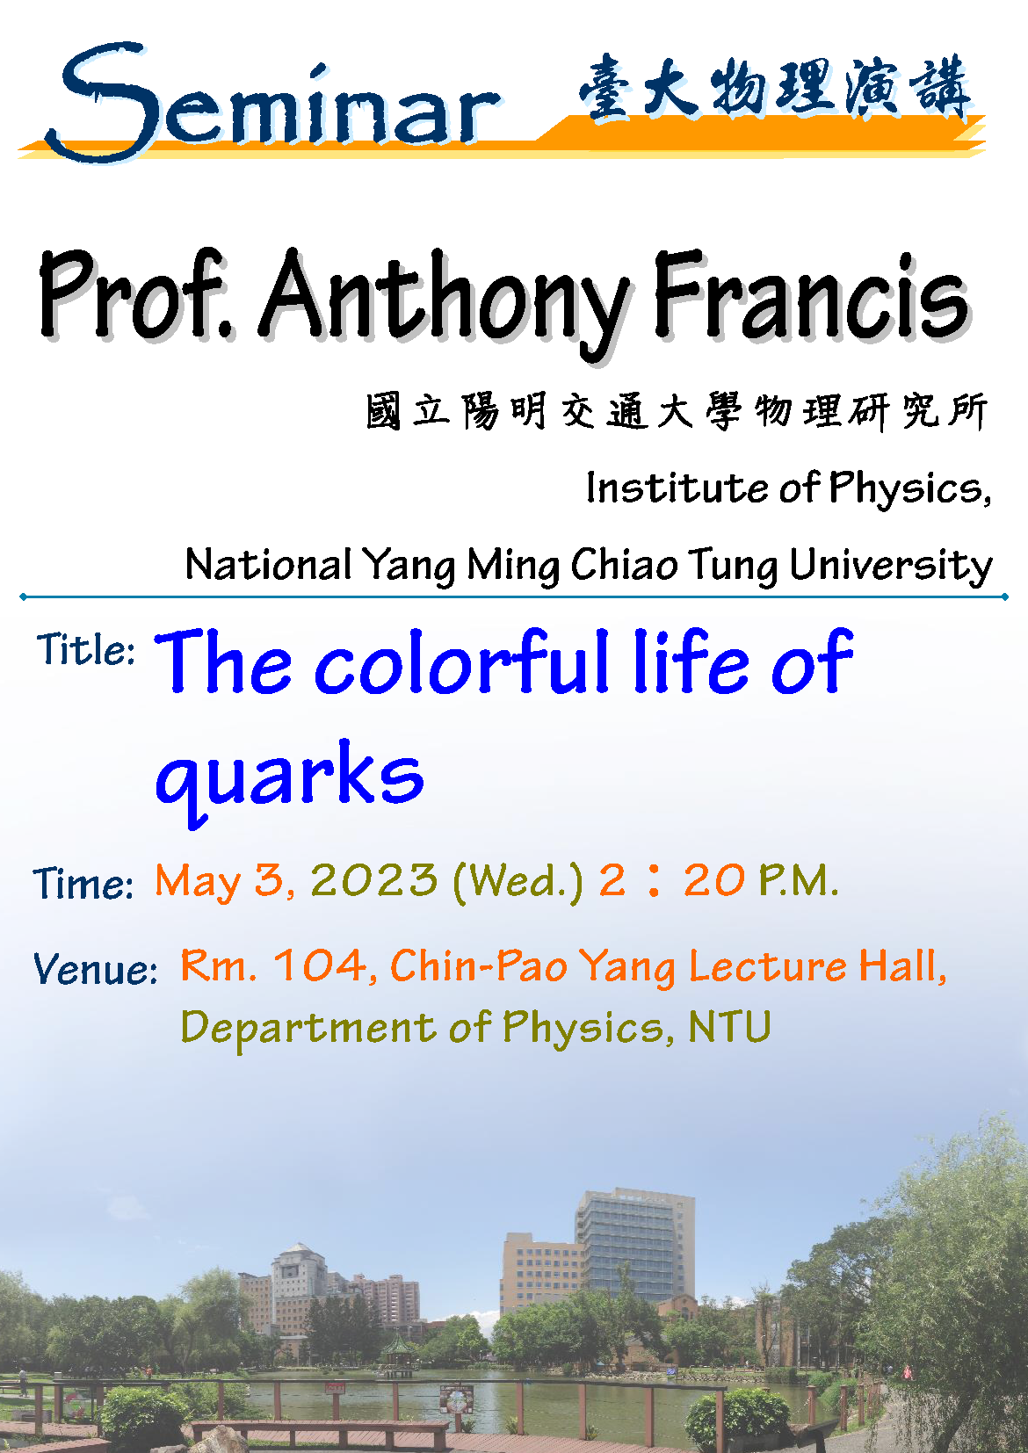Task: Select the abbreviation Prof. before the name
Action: [x=135, y=295]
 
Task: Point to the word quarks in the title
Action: [x=289, y=782]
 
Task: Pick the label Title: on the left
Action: [x=85, y=648]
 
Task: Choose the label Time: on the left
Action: [x=83, y=884]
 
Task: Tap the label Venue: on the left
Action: [x=95, y=969]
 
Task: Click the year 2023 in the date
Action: [x=374, y=881]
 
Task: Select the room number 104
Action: [x=321, y=965]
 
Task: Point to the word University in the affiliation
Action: [x=891, y=566]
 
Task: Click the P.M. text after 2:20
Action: [x=798, y=881]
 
